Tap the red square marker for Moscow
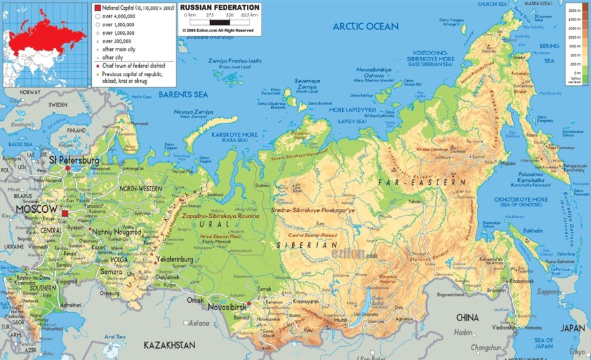point(65,214)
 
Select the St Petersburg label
point(74,160)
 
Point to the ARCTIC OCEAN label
point(365,26)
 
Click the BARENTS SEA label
point(184,95)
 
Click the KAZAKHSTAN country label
point(170,344)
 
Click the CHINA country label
point(467,318)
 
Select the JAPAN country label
point(573,328)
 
